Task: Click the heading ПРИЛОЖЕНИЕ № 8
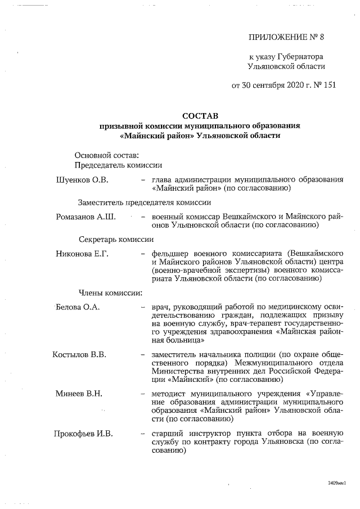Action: tap(286, 38)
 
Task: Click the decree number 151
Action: tap(317, 85)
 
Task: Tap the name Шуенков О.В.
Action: tap(82, 179)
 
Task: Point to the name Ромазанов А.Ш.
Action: tap(85, 216)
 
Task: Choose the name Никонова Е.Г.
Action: tap(82, 253)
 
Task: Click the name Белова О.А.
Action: tap(78, 307)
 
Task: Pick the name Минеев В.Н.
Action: tap(79, 393)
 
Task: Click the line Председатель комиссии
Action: tap(118, 165)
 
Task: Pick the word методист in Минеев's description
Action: tap(169, 393)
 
